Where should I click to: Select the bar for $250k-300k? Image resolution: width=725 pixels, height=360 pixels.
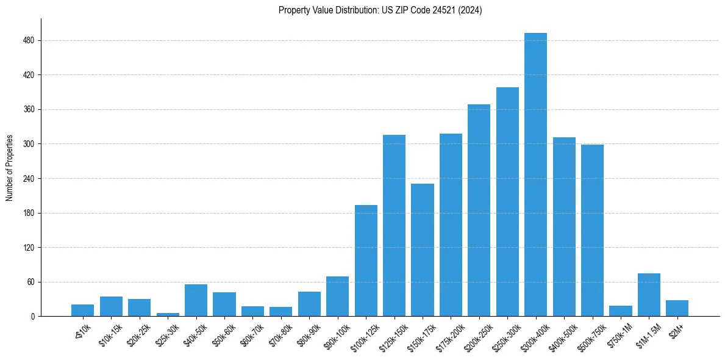tap(507, 201)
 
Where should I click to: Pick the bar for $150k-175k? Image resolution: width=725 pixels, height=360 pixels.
tap(423, 250)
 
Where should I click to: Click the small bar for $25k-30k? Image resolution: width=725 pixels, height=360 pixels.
tap(168, 314)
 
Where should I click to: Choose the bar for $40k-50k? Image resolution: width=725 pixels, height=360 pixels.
tap(196, 300)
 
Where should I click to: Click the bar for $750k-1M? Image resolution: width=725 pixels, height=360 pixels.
tap(620, 311)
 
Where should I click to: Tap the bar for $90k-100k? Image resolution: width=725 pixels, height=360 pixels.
tap(337, 296)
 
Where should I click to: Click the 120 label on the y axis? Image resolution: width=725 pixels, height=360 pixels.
tap(30, 248)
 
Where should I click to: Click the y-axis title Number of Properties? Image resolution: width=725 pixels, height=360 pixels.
tap(9, 168)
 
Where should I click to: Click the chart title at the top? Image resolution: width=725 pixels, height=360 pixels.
tap(380, 10)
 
